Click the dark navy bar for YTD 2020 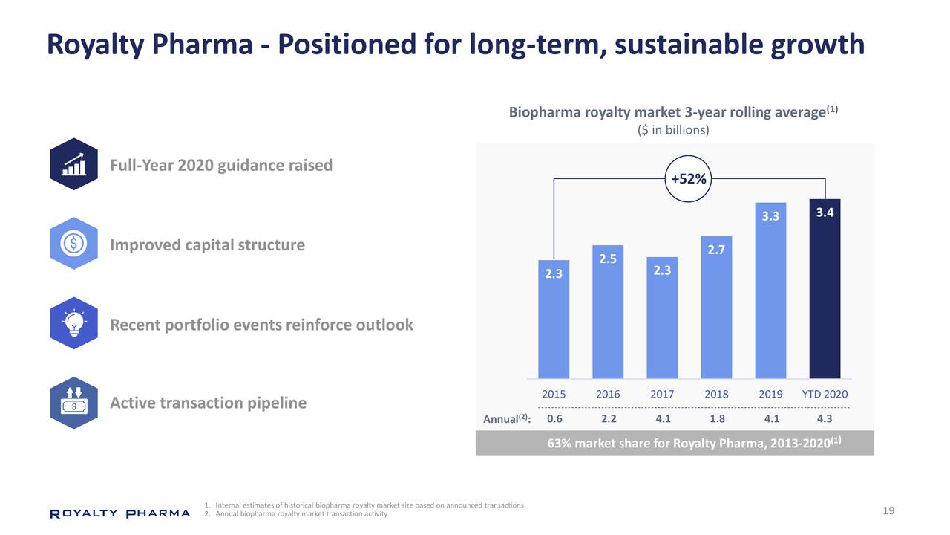(x=825, y=290)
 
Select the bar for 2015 (x=554, y=320)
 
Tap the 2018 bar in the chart (x=716, y=308)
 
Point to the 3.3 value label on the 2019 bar (x=770, y=217)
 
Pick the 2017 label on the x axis (x=662, y=394)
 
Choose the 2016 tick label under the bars (x=608, y=394)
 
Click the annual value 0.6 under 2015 (x=554, y=418)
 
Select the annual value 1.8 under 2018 (x=717, y=418)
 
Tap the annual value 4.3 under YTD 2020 (x=825, y=418)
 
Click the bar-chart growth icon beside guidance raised (x=73, y=164)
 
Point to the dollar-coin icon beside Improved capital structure (x=73, y=244)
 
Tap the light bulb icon (x=73, y=325)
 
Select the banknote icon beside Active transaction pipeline (x=73, y=403)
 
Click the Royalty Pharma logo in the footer (x=119, y=513)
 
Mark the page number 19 (x=888, y=510)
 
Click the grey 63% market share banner (x=674, y=444)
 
